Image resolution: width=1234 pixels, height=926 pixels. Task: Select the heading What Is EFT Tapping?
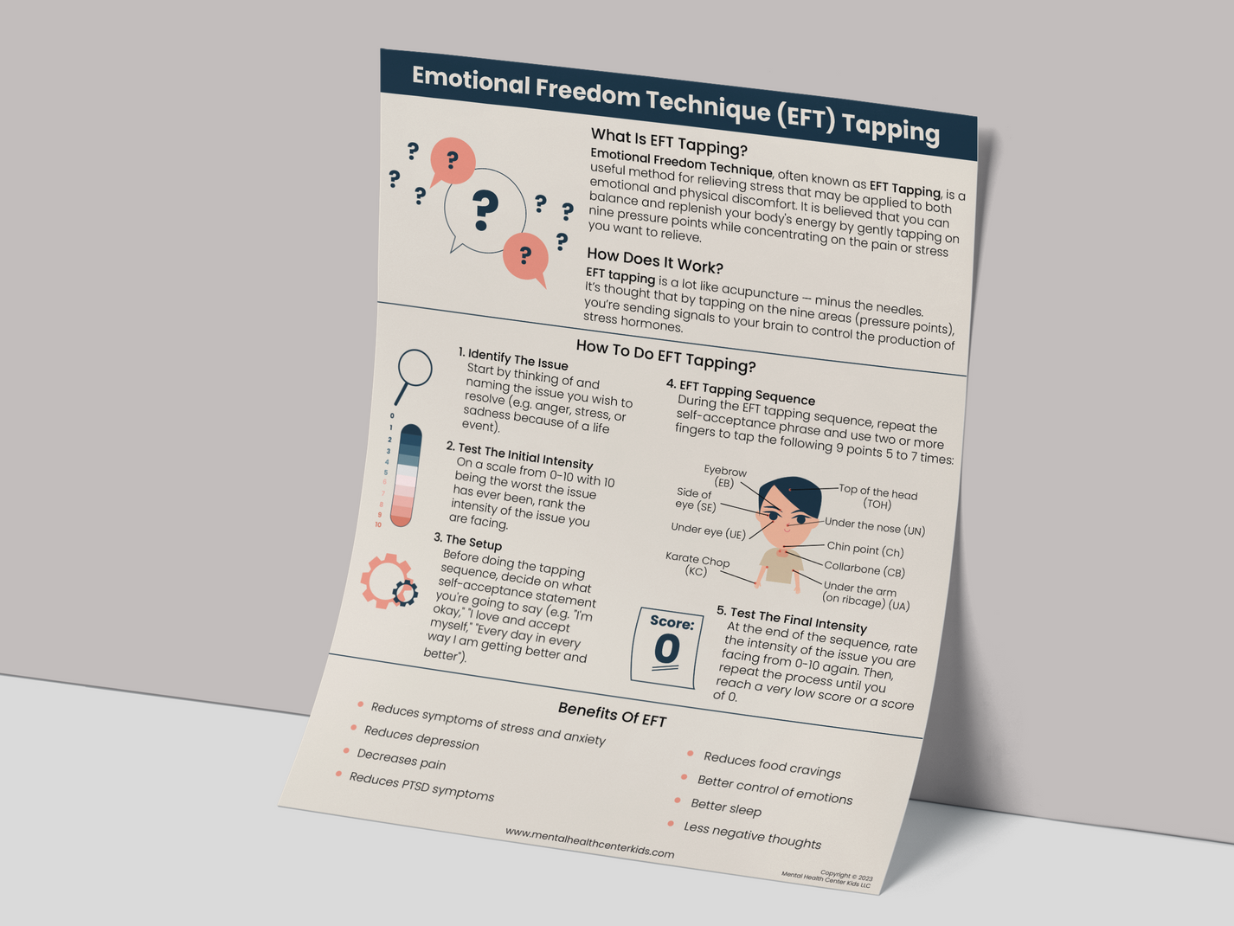pos(668,142)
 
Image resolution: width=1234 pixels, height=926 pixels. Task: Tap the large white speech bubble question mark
pos(485,210)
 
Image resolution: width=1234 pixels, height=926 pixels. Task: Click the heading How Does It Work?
pos(654,260)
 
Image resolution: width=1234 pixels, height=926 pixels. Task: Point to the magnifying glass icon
pos(413,373)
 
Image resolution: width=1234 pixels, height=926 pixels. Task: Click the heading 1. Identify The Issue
pos(512,358)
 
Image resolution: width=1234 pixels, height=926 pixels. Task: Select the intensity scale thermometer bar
pos(406,475)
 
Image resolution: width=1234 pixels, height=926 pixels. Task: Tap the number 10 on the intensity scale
pos(378,524)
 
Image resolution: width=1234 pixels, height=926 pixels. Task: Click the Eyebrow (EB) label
pos(724,477)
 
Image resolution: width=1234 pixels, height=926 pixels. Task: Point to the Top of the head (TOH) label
pos(877,498)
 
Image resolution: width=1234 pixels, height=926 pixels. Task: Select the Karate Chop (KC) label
pos(697,565)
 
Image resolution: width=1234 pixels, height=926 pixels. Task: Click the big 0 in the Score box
pos(666,649)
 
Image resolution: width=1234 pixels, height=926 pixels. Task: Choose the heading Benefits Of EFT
pos(612,714)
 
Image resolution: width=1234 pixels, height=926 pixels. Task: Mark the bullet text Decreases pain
pos(401,760)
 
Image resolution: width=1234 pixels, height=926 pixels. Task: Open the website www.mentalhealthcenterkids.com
pos(589,842)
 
